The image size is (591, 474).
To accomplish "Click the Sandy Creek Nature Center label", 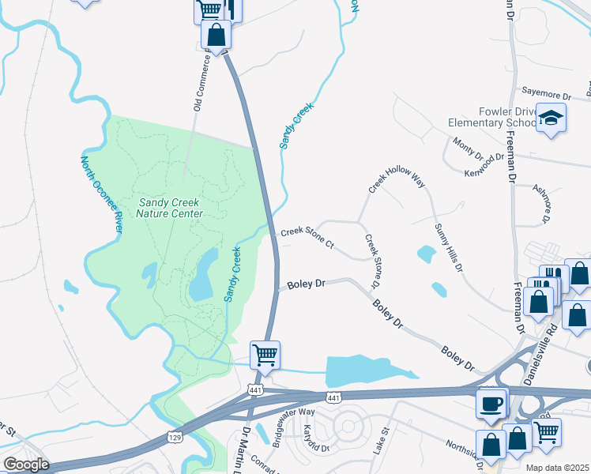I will tap(169, 208).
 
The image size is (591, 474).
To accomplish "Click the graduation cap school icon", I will tap(551, 119).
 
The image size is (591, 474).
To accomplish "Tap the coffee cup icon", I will tap(491, 404).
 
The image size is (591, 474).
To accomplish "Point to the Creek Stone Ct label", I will tap(307, 239).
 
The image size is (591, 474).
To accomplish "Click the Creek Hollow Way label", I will tap(397, 181).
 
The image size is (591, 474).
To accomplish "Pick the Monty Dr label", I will tap(468, 148).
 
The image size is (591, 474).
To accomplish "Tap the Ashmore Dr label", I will tap(544, 202).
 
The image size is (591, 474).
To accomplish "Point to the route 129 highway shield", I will tap(175, 437).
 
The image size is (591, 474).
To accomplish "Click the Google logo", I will tap(26, 465).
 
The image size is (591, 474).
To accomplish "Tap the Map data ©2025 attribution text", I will tap(557, 468).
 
